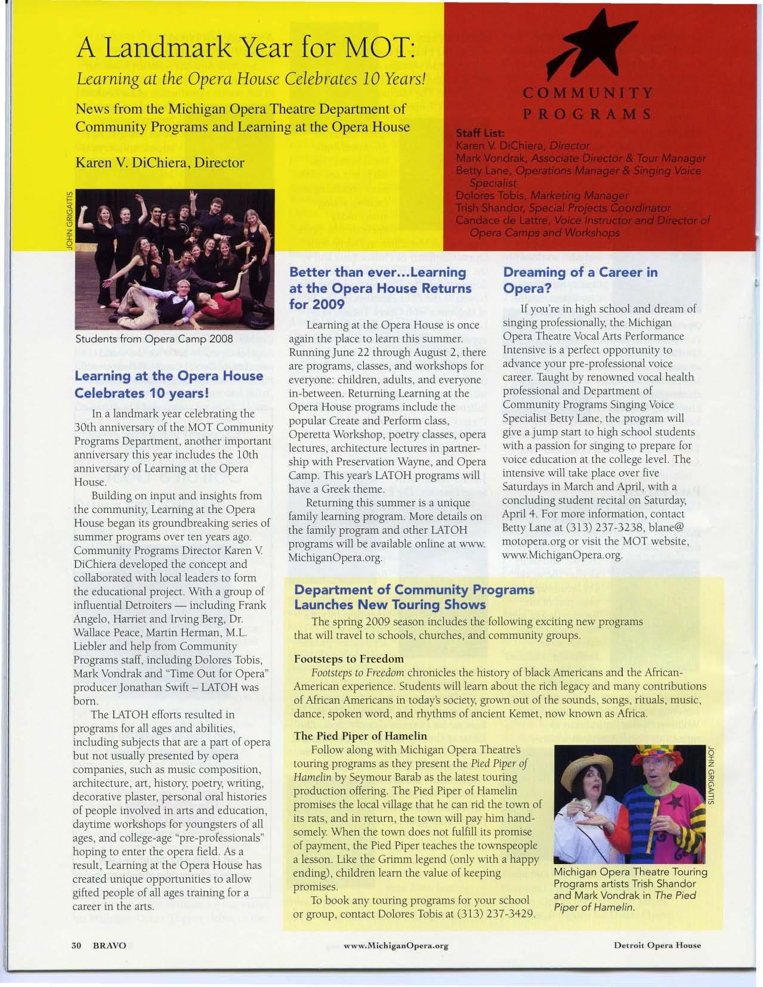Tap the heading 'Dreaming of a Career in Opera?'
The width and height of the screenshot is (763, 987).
580,280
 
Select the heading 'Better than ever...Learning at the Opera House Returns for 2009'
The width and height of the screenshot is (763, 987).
378,288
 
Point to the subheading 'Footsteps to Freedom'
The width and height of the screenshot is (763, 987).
348,658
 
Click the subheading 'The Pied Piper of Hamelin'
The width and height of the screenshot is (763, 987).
360,735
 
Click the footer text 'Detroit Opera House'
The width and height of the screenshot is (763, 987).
657,945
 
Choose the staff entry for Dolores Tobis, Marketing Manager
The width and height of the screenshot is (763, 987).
542,196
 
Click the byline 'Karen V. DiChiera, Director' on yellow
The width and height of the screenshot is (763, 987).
159,162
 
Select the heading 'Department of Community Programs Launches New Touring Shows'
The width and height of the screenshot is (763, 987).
415,597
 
